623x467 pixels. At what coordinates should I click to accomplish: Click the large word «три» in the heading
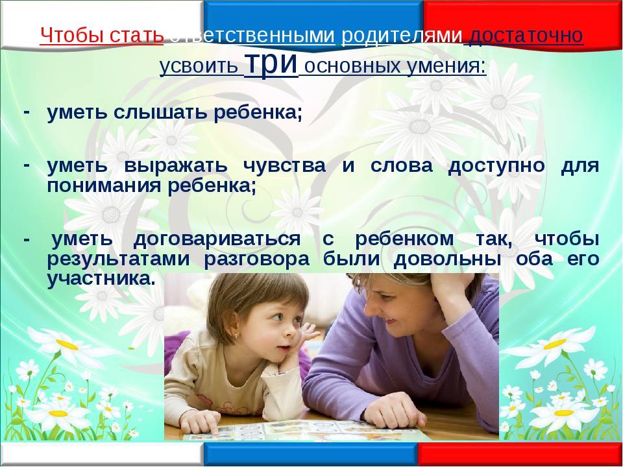[271, 63]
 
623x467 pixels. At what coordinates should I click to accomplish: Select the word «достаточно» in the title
[526, 35]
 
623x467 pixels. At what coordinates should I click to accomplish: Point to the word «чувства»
[284, 165]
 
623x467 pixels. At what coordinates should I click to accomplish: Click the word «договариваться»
[217, 239]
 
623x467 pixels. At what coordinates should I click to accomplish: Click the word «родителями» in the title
[402, 36]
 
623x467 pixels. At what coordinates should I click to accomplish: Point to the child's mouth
[284, 348]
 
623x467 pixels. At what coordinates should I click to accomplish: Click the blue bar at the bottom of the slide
[311, 454]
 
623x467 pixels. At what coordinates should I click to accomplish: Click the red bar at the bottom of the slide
[520, 454]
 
